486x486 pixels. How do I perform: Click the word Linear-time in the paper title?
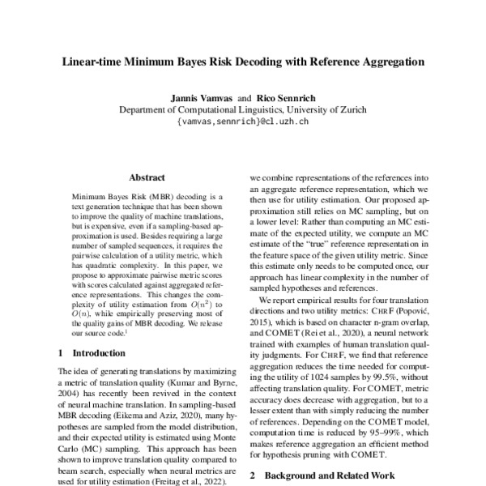(x=92, y=61)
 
